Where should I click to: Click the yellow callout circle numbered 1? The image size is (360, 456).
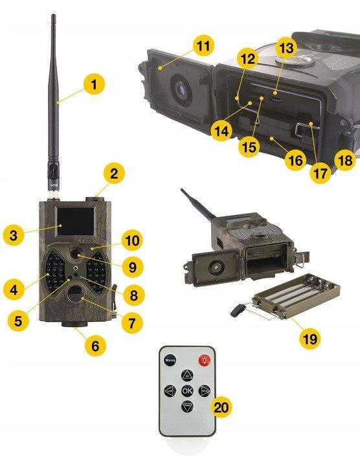point(94,84)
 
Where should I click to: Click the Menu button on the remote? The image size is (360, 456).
point(170,359)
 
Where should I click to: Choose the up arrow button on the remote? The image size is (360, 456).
point(186,375)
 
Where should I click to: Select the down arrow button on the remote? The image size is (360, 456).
point(186,407)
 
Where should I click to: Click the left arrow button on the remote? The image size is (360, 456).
point(170,391)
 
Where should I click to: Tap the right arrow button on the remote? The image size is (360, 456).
point(203,391)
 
